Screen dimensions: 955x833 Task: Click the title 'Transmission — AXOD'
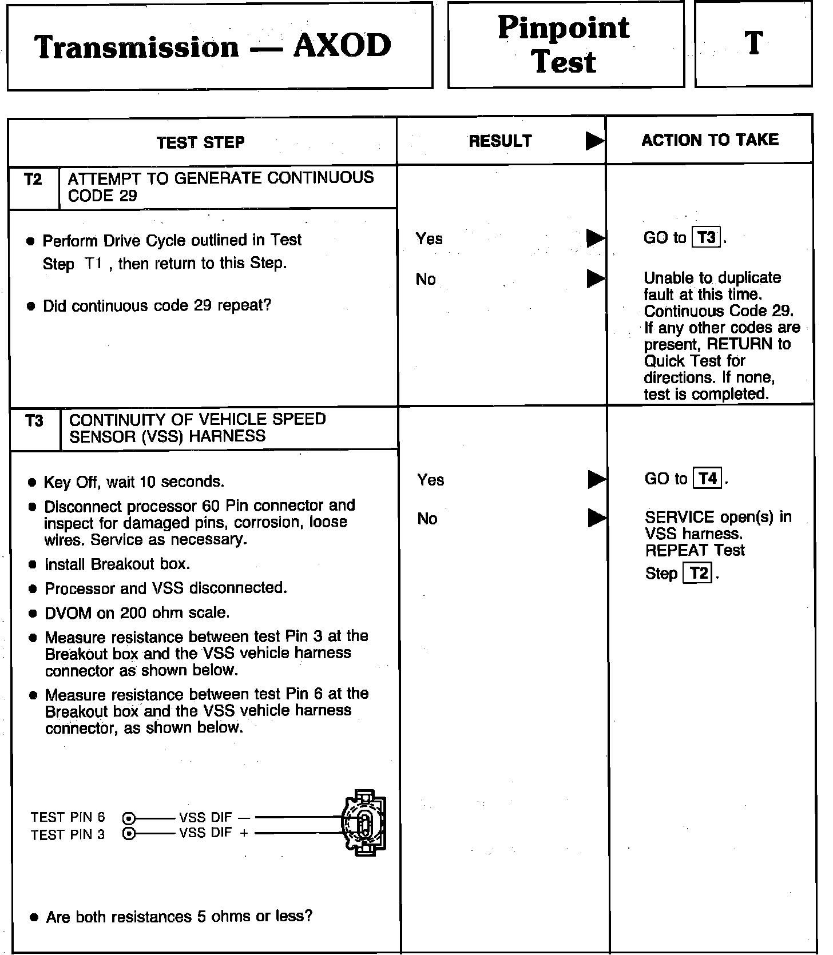[x=213, y=46]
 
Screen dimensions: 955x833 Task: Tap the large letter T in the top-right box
[x=753, y=43]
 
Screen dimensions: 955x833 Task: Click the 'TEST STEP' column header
[x=201, y=142]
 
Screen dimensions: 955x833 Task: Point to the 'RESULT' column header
[x=500, y=141]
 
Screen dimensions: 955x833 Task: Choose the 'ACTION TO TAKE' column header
[x=710, y=140]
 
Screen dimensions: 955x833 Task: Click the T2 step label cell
[x=34, y=180]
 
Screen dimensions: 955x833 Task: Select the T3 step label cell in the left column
[x=34, y=421]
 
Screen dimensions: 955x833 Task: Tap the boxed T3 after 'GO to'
[x=707, y=237]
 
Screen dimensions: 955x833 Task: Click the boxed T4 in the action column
[x=708, y=478]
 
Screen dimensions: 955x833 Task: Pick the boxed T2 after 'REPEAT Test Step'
[x=699, y=573]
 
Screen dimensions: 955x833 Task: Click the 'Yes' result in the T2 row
[x=429, y=238]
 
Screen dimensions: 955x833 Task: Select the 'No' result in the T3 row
[x=427, y=519]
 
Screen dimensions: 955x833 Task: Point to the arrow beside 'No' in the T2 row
[x=596, y=278]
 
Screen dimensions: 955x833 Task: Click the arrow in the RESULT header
[x=594, y=141]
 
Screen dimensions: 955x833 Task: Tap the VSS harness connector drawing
[x=364, y=823]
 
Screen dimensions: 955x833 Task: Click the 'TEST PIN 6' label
[x=68, y=817]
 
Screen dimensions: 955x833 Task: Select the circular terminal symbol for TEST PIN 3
[x=129, y=834]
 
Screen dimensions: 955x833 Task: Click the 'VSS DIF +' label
[x=213, y=833]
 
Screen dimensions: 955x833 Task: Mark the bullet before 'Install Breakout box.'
[x=33, y=565]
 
